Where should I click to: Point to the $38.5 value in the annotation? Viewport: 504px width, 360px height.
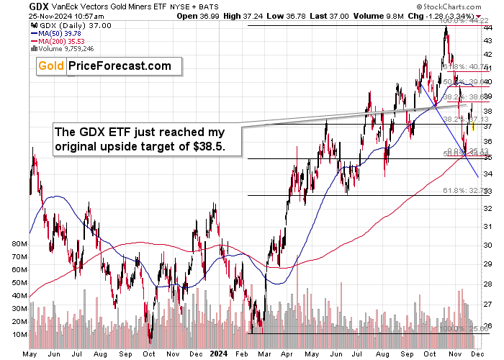coord(208,145)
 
